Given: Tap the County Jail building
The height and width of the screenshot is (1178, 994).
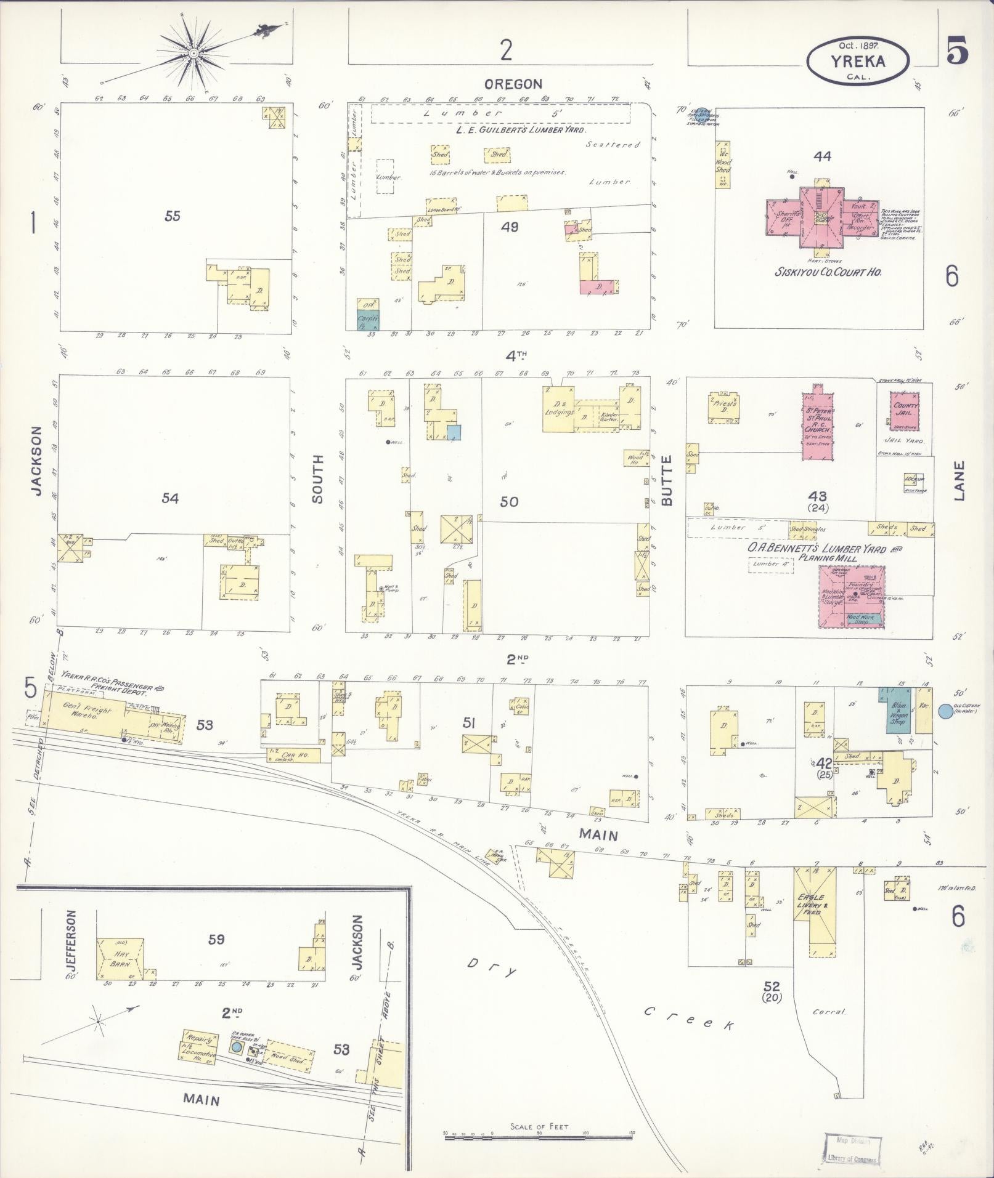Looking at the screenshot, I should [905, 409].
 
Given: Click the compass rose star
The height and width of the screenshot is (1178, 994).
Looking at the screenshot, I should [194, 54].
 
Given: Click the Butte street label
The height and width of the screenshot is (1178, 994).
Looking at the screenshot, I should [667, 489].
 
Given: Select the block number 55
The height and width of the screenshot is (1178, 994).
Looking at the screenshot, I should [173, 216].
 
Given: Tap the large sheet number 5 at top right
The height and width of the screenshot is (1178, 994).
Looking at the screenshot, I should [956, 52].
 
